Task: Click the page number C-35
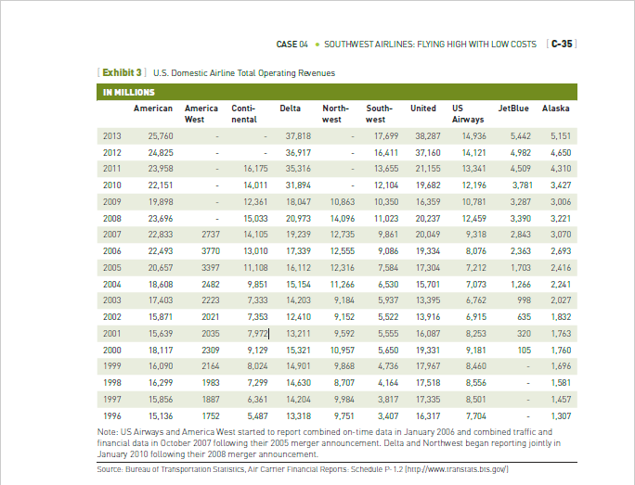point(561,44)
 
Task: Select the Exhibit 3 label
point(122,72)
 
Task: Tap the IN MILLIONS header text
point(128,92)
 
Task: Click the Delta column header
point(290,108)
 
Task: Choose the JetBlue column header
point(513,108)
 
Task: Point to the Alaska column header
point(555,108)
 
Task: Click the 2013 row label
point(111,135)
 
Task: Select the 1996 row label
point(111,415)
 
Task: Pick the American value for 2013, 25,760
point(160,135)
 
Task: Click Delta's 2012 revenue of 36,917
point(297,152)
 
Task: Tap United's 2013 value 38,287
point(427,135)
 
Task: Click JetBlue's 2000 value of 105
point(524,350)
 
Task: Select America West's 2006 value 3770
point(211,250)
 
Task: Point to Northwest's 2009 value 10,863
point(342,201)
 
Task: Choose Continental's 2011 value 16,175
point(255,169)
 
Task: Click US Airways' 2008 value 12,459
point(473,218)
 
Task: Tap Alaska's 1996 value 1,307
point(561,415)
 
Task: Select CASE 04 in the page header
point(292,44)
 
